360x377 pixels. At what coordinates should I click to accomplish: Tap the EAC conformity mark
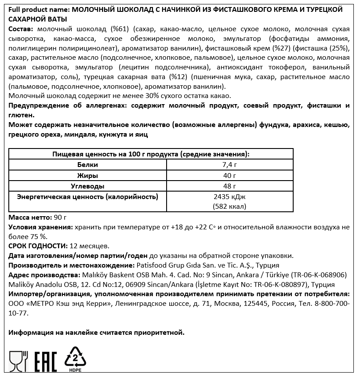(44, 361)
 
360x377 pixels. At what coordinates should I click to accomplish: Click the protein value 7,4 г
(229, 165)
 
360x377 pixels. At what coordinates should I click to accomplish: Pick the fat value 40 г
(229, 175)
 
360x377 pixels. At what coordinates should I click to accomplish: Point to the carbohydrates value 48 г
(229, 186)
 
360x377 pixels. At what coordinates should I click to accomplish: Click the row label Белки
(87, 165)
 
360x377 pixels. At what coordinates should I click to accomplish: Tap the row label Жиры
(87, 175)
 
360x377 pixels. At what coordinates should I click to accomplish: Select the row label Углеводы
(87, 186)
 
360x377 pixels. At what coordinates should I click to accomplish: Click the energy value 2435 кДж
(229, 196)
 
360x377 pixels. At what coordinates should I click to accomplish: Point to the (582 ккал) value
(229, 206)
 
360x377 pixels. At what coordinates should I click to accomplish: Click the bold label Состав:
(21, 29)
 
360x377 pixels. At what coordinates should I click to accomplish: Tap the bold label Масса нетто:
(29, 217)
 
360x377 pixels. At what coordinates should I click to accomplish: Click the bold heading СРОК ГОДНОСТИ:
(38, 246)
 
